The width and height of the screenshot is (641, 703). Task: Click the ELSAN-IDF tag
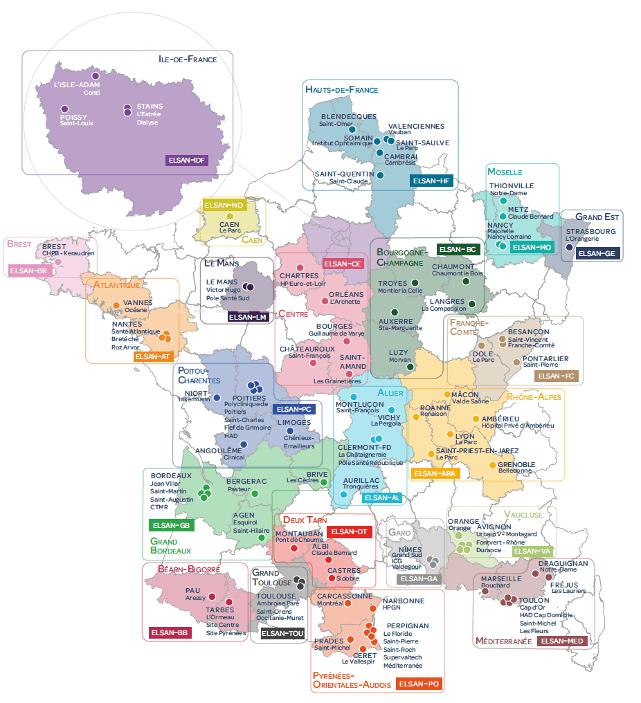pos(188,161)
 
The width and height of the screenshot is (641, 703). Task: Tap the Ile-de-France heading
pos(188,60)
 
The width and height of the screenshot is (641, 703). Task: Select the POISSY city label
pos(74,117)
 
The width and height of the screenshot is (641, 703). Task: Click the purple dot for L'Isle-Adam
pos(96,76)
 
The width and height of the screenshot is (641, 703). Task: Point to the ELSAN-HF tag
pos(432,181)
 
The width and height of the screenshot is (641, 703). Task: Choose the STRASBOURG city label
pos(591,231)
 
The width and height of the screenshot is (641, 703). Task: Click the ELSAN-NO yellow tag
pos(224,205)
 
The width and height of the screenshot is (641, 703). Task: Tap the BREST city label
pos(54,246)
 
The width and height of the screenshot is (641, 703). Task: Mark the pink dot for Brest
pos(58,262)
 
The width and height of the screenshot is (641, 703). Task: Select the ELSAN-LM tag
pos(248,317)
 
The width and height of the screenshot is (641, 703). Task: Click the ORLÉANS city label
pos(346,294)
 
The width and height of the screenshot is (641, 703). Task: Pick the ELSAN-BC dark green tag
pos(458,249)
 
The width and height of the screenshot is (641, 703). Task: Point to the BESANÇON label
pos(528,331)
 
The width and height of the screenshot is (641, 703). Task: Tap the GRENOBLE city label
pos(516,464)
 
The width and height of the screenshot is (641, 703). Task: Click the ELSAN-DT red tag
pos(350,531)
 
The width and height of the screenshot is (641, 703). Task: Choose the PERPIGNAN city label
pos(408,626)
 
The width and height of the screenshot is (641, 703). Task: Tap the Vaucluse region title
pos(523,515)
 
